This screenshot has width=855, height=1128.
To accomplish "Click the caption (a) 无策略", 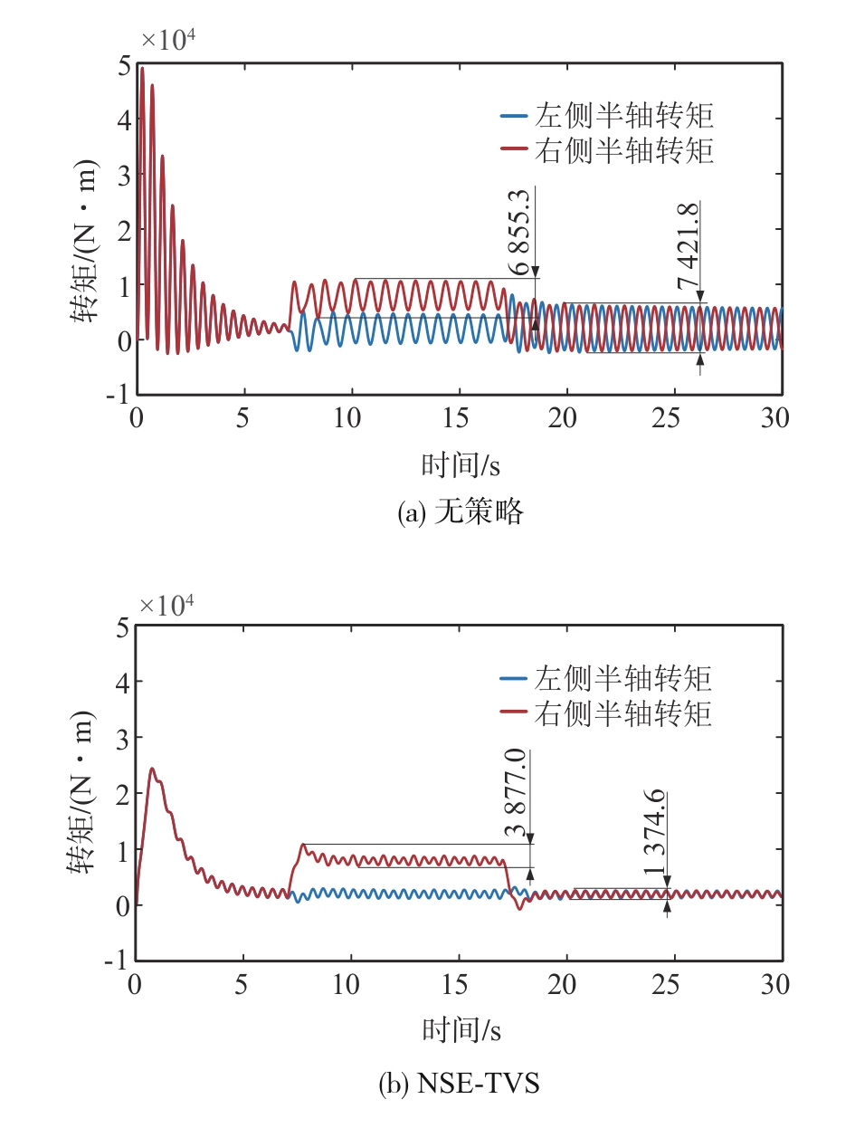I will point(461,513).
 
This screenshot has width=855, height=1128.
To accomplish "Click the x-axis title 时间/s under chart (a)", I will point(461,464).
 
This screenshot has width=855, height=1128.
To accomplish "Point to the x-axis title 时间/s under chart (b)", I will point(461,1029).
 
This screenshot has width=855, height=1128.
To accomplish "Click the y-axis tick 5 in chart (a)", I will point(122,64).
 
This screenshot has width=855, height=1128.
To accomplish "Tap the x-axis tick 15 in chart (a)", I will point(459,418).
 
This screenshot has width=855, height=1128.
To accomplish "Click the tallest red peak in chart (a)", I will point(142,68).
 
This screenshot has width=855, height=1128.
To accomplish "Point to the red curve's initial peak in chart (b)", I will point(152,770).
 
